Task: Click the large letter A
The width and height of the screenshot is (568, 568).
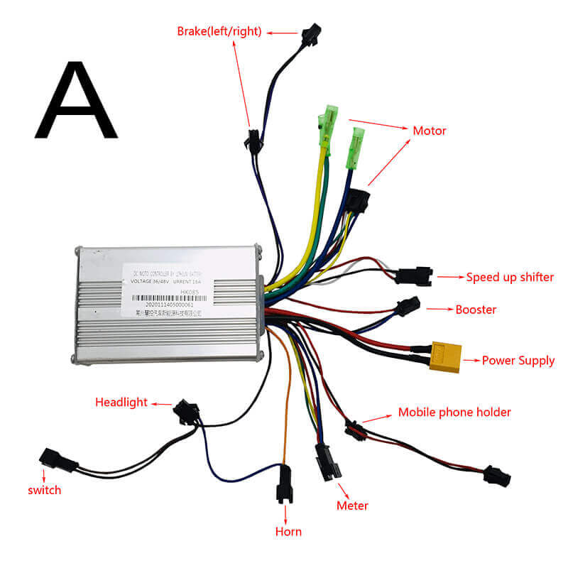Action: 75,101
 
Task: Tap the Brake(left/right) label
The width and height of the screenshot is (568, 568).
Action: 219,31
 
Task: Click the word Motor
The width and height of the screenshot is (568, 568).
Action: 430,131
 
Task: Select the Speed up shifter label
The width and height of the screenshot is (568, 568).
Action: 509,277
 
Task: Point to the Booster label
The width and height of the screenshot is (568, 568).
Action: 476,310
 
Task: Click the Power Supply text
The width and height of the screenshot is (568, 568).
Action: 518,361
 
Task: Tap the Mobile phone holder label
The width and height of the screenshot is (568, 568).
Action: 454,412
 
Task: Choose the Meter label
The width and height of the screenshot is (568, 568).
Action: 352,506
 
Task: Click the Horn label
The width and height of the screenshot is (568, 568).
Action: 288,531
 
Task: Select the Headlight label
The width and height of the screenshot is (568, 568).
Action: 121,402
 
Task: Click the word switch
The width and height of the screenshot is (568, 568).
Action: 45,490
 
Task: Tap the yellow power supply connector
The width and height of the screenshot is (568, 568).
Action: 445,355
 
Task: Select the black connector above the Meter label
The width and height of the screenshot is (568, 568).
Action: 328,462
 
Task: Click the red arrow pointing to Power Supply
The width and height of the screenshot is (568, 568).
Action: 471,361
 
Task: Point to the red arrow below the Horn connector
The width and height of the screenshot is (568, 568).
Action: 285,511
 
